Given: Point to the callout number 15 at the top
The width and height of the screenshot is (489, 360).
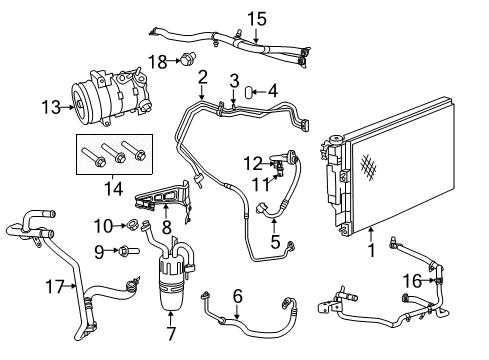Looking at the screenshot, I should [258, 17].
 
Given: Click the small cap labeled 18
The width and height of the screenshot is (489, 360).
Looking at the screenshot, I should [186, 59].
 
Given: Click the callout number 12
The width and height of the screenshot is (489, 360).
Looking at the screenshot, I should [252, 160].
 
